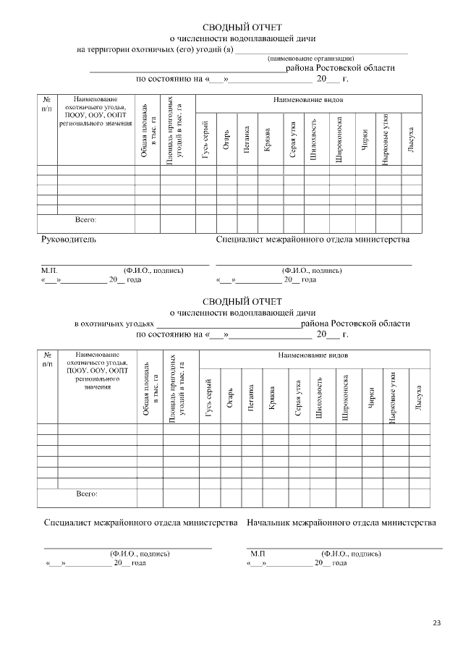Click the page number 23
pyautogui.click(x=436, y=623)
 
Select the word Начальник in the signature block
pyautogui.click(x=271, y=521)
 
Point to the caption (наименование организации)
pyautogui.click(x=310, y=58)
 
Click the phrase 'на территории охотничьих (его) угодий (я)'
pyautogui.click(x=155, y=48)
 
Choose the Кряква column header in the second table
pyautogui.click(x=272, y=397)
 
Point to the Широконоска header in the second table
pyautogui.click(x=347, y=397)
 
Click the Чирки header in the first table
pyautogui.click(x=365, y=141)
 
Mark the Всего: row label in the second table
pyautogui.click(x=86, y=494)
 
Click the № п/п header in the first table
pyautogui.click(x=47, y=103)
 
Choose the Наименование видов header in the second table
pyautogui.click(x=313, y=357)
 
